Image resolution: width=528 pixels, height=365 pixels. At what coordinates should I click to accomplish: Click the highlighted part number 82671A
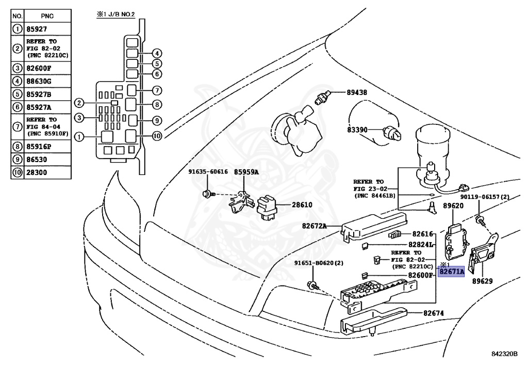pos(451,272)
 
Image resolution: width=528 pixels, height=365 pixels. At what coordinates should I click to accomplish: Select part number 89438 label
pos(356,93)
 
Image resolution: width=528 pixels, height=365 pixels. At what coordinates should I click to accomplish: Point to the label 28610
pos(302,205)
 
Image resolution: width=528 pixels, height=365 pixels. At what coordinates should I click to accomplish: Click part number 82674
pos(434,313)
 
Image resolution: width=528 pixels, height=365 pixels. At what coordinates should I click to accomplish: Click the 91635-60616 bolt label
pos(208,172)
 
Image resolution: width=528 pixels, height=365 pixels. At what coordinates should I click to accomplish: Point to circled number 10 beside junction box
pos(157,136)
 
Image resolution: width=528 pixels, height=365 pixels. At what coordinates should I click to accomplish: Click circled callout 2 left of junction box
pos(78,103)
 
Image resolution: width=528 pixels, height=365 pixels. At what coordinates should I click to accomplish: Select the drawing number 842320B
pos(504,354)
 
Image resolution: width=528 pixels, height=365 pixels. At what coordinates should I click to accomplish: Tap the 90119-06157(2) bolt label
pos(485,197)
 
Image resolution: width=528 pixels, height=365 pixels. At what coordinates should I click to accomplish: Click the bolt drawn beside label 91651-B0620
pos(312,285)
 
